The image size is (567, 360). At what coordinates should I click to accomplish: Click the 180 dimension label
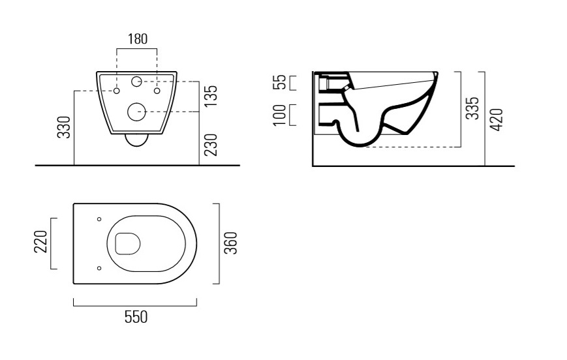(x=138, y=39)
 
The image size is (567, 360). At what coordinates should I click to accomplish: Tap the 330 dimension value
(x=64, y=127)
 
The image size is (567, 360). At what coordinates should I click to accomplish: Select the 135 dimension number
(x=211, y=96)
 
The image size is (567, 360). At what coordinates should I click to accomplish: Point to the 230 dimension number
(x=211, y=145)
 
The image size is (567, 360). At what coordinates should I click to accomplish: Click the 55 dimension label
(x=280, y=82)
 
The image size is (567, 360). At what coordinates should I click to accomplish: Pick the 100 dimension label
(x=280, y=115)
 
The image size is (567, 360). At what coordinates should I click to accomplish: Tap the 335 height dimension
(x=472, y=108)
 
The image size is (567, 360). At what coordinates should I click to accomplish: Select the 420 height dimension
(x=497, y=119)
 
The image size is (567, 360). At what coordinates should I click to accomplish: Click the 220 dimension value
(x=41, y=242)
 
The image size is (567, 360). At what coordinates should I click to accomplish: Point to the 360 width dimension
(x=231, y=243)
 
